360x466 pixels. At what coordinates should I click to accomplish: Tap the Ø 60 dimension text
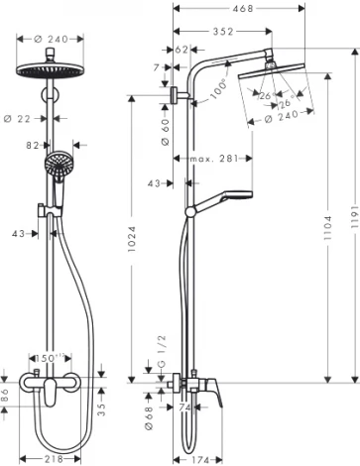[165, 129]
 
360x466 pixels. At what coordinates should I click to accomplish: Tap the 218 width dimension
[56, 459]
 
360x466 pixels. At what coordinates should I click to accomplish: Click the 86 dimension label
[7, 395]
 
